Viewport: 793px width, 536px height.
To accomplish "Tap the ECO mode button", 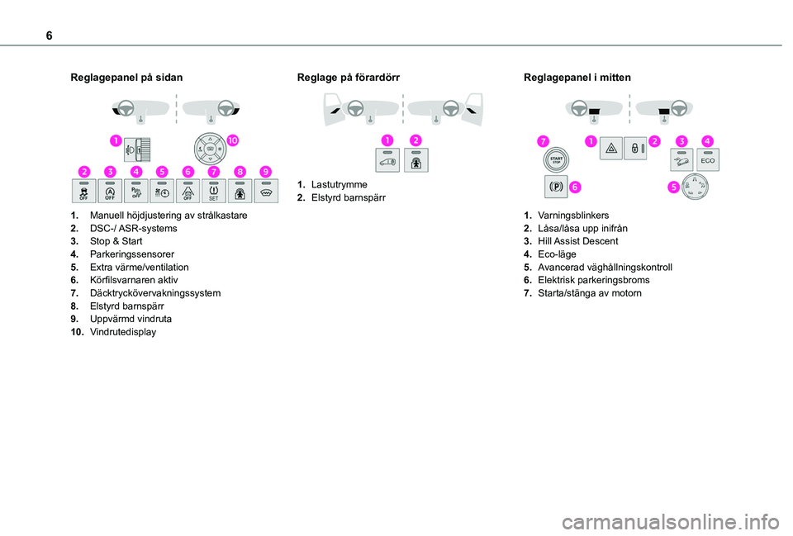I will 709,159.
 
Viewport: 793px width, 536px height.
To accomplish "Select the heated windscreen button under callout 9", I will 265,191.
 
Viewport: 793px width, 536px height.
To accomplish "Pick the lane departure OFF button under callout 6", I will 188,191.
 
